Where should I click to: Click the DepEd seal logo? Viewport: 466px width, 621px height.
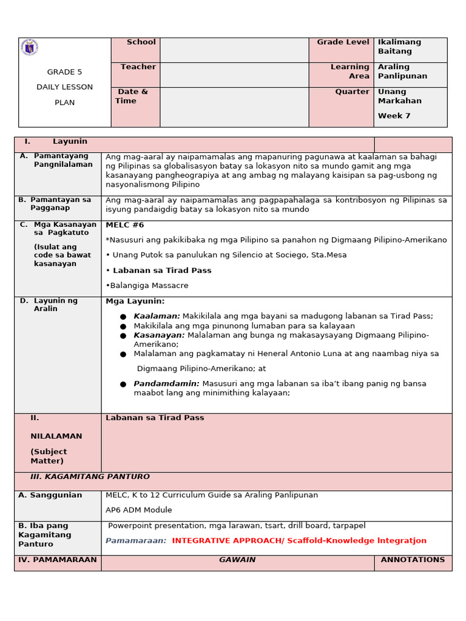29,47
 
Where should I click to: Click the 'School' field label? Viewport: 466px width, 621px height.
141,42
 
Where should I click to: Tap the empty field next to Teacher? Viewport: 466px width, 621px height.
234,75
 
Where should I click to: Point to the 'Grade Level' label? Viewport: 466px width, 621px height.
343,42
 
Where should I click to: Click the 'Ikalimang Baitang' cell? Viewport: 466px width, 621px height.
399,47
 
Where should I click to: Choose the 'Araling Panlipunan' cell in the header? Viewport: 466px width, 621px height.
402,72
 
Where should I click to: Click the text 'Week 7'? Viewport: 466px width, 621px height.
394,116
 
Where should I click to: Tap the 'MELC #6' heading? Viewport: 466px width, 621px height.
124,225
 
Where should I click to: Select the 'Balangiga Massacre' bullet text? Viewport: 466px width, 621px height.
148,286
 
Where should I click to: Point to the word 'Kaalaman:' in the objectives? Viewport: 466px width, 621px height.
157,316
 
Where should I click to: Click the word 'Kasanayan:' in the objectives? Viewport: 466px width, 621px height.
159,335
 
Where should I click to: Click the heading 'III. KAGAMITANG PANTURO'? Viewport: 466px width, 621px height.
90,477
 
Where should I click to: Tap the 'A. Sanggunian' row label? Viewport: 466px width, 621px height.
50,495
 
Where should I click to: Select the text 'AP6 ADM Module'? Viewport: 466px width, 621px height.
138,510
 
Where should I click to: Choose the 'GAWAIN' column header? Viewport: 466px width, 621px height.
237,560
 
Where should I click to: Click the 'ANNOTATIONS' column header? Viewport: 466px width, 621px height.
413,560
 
